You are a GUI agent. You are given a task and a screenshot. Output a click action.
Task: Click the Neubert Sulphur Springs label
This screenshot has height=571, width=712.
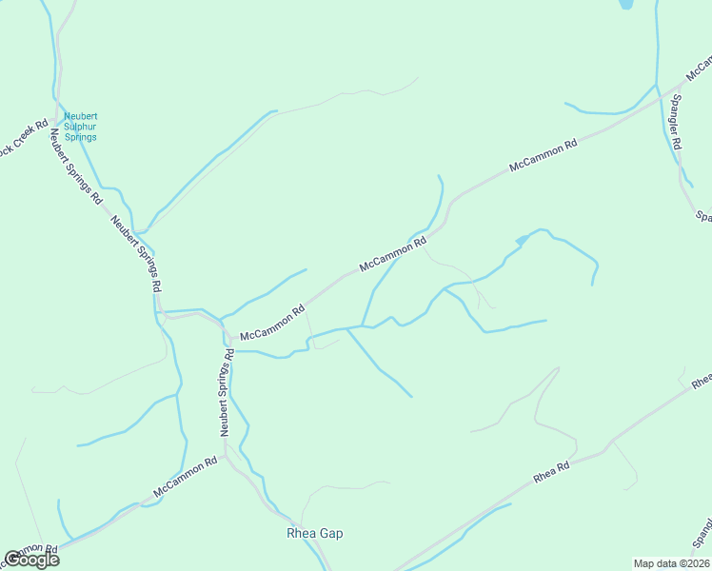(x=80, y=128)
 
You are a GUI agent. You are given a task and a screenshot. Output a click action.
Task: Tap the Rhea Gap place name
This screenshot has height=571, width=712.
(x=314, y=533)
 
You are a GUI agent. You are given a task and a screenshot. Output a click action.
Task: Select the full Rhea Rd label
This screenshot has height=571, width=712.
(x=551, y=471)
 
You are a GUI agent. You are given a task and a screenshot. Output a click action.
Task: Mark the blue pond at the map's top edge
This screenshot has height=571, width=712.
(x=626, y=4)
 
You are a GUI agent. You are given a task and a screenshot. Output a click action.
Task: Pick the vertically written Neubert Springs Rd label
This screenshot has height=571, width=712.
(x=227, y=392)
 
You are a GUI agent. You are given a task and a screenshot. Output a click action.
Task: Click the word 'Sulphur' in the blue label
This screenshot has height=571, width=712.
(x=80, y=128)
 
